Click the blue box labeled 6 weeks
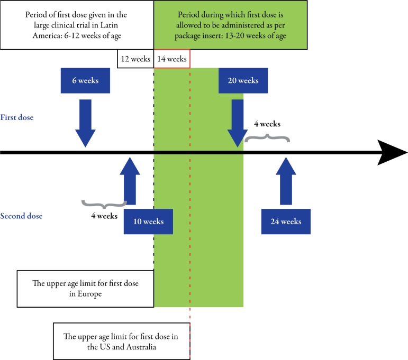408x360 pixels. click(85, 81)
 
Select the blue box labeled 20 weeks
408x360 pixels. click(243, 81)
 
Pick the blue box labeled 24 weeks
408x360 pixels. click(286, 221)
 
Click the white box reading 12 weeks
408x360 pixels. click(135, 59)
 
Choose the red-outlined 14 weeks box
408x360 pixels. click(172, 59)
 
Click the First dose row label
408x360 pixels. click(17, 117)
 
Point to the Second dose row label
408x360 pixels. click(21, 216)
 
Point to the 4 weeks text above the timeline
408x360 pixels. click(267, 124)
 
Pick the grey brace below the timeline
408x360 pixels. click(104, 204)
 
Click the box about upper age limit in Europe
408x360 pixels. click(86, 289)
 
